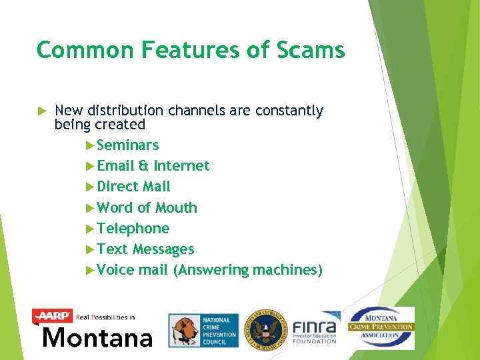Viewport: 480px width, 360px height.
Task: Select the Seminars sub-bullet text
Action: (x=127, y=145)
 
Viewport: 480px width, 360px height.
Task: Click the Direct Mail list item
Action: (x=133, y=187)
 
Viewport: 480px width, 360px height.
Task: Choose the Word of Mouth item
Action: (x=147, y=208)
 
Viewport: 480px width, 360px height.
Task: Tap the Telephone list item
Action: (x=133, y=229)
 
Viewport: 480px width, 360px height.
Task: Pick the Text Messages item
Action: (x=145, y=249)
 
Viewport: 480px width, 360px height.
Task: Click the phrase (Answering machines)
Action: (x=247, y=270)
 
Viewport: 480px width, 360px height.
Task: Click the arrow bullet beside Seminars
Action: (x=91, y=145)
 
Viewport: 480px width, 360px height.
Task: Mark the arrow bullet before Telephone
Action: (x=91, y=229)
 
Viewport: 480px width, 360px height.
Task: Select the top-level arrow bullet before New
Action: (x=39, y=111)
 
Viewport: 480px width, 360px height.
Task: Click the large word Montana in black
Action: (x=97, y=337)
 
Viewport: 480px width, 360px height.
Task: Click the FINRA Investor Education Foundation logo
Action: (x=315, y=328)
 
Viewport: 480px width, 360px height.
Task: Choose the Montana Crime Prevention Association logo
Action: (x=381, y=327)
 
